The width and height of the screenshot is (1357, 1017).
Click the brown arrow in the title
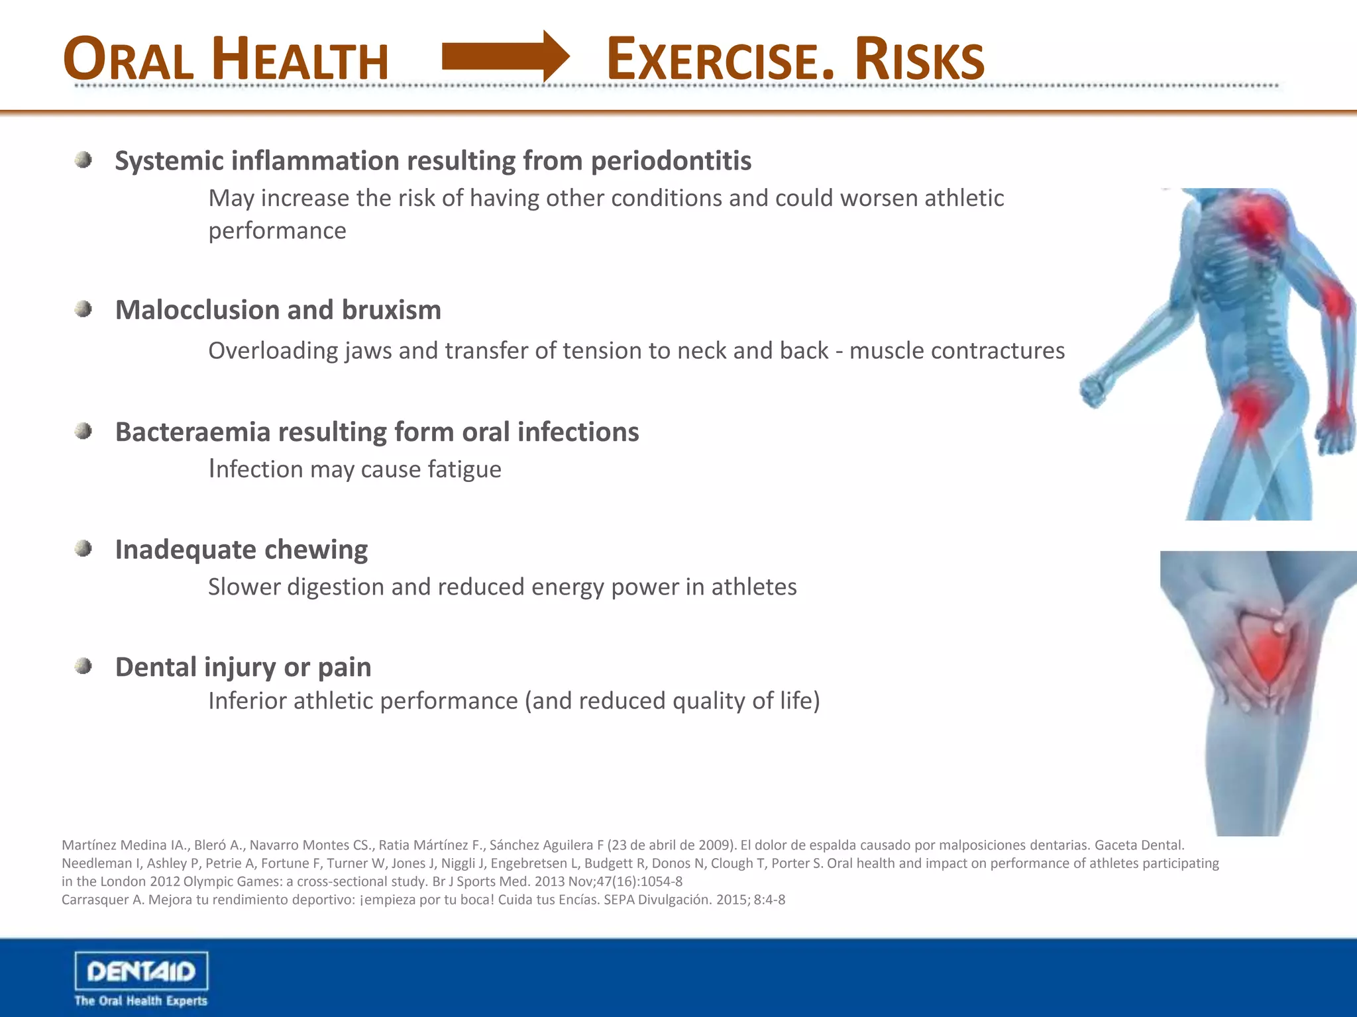(505, 57)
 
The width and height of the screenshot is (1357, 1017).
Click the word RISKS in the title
(919, 61)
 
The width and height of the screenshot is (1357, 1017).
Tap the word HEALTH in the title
(301, 61)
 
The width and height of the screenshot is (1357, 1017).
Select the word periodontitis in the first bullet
(671, 161)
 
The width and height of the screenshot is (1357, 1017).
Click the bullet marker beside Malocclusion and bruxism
(83, 309)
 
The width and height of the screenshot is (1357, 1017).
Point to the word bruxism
(391, 310)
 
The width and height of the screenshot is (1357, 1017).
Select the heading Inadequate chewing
(241, 550)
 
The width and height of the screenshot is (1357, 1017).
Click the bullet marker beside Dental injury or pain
(83, 666)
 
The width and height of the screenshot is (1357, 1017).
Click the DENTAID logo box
(141, 971)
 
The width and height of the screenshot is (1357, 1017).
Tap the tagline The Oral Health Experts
(140, 1000)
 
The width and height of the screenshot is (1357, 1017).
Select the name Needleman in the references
(97, 863)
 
